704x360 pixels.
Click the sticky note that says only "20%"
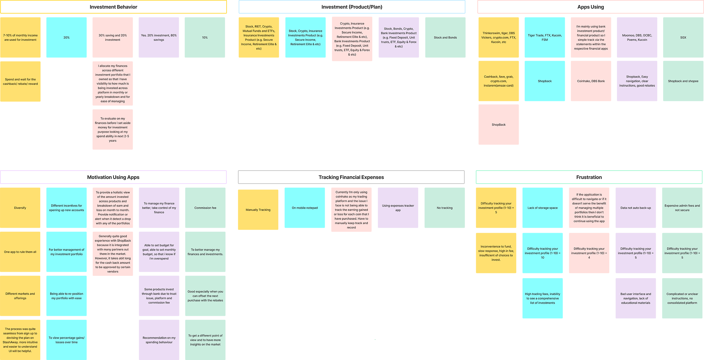(x=66, y=38)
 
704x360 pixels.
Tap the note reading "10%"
(x=205, y=38)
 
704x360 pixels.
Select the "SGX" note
(x=683, y=38)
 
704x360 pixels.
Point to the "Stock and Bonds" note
(x=445, y=38)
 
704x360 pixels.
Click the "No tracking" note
(x=445, y=208)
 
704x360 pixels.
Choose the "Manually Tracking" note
(x=258, y=210)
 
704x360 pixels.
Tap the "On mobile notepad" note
(x=305, y=208)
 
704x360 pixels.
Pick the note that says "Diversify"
(x=20, y=208)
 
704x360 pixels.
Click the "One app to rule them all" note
(x=20, y=252)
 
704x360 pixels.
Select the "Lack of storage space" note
(x=542, y=208)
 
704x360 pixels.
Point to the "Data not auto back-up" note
(x=636, y=208)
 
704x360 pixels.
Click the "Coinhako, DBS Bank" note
(x=591, y=81)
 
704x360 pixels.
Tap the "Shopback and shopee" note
(x=683, y=81)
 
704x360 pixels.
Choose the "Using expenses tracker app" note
(x=398, y=208)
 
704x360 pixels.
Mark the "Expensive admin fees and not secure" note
(x=682, y=208)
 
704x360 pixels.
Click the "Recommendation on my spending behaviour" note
(x=159, y=340)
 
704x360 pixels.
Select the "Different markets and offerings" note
(x=20, y=296)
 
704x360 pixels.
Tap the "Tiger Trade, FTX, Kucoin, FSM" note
(x=545, y=38)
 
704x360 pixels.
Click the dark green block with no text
(x=375, y=301)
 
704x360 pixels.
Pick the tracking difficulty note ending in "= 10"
(x=542, y=253)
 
